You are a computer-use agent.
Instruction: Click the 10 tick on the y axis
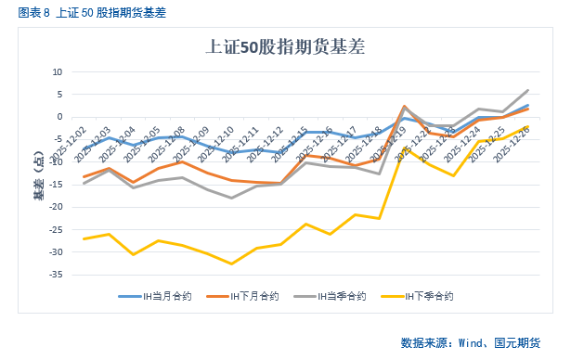[x=57, y=72]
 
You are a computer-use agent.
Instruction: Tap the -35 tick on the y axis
[x=55, y=275]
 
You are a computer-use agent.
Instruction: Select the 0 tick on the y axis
[x=59, y=117]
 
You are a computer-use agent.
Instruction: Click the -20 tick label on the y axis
[x=55, y=207]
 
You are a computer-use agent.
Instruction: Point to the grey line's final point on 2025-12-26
[x=527, y=90]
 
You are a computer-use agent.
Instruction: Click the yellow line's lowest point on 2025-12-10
[x=231, y=264]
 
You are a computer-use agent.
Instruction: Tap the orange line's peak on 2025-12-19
[x=405, y=106]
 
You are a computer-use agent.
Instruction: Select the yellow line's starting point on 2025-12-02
[x=84, y=238]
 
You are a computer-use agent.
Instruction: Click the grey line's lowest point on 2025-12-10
[x=231, y=198]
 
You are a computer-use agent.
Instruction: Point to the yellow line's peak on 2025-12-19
[x=405, y=148]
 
